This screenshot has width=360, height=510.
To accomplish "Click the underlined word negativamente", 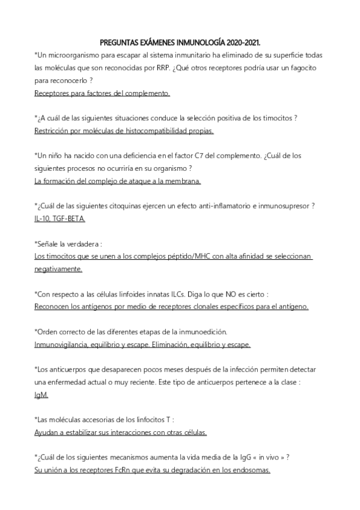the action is point(58,269).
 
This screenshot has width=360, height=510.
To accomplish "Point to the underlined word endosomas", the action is point(251,470).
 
